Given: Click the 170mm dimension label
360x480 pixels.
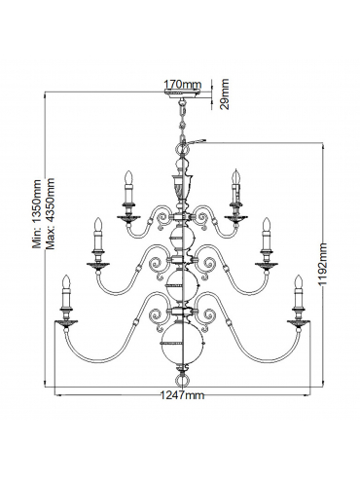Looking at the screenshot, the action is coord(183,85).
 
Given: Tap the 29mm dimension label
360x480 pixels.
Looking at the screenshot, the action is coord(224,94).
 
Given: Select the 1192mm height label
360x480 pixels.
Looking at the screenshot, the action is coord(323,265).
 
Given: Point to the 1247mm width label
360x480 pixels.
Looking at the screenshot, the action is coord(183,395).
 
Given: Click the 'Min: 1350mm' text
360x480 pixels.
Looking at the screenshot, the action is coord(38,213).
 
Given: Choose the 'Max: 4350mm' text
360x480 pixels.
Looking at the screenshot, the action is coord(50,213).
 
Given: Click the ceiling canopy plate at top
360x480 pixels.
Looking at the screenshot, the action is coord(182,94).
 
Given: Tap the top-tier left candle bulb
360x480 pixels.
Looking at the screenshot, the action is coord(129,177).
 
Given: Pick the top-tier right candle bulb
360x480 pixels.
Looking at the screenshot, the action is coord(236,177).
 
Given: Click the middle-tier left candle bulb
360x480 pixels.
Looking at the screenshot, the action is coord(98,225).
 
